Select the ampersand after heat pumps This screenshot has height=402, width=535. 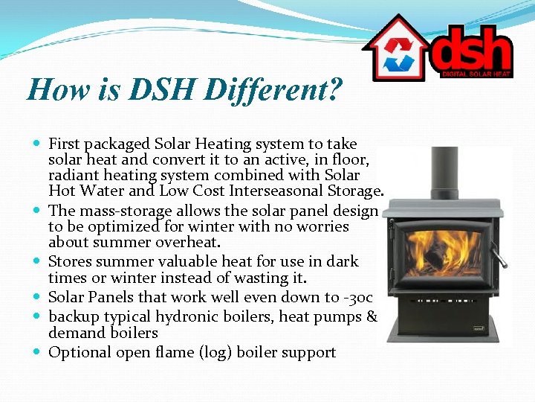[x=372, y=316]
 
